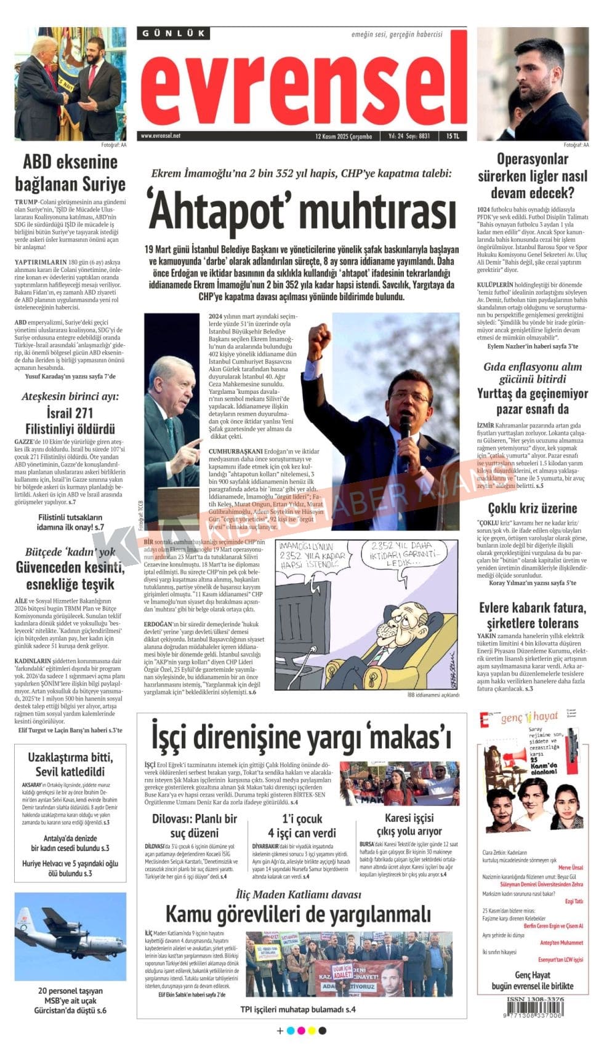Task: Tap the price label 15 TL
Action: click(453, 137)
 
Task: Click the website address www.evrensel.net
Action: click(161, 136)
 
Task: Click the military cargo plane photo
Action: click(70, 936)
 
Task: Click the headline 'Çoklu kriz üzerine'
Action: click(532, 508)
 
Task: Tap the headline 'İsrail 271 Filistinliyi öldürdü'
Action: click(70, 421)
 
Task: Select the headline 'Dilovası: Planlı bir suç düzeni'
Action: click(195, 826)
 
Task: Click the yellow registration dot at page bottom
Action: click(311, 1031)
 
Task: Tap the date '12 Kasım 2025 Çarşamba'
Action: click(344, 137)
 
